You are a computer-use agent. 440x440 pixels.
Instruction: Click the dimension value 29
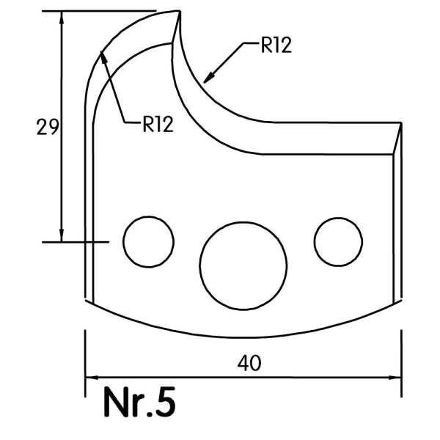tap(48, 127)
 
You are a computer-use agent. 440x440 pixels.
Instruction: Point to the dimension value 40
tap(249, 363)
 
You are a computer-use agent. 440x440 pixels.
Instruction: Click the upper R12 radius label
tap(276, 45)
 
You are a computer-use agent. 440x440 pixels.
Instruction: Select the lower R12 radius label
tap(158, 124)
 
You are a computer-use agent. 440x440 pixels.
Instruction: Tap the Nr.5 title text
tap(140, 402)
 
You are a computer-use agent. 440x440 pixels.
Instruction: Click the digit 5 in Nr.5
tap(165, 402)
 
